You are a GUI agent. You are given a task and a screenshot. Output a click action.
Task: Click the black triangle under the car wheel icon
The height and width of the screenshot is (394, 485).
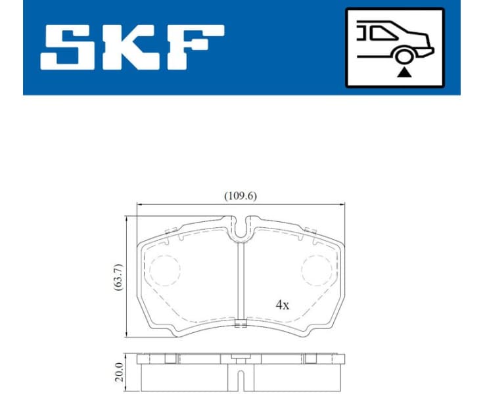tap(402, 71)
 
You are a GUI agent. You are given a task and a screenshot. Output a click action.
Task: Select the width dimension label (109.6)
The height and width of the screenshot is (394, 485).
tap(241, 195)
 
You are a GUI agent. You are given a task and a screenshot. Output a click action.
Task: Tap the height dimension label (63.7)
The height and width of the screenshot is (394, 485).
tap(118, 277)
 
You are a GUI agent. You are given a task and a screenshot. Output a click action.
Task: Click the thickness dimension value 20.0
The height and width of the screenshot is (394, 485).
tap(118, 372)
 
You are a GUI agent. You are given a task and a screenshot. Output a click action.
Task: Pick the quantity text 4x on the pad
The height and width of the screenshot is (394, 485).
tap(283, 305)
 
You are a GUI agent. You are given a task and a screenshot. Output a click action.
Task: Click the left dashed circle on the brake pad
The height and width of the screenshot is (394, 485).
tap(164, 270)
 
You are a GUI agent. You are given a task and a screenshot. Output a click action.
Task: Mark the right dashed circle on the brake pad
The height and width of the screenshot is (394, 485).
tap(317, 270)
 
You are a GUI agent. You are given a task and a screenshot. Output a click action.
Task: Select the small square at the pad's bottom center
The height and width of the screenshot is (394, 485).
tap(241, 322)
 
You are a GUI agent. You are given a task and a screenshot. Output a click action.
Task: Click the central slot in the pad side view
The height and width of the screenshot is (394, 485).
tap(241, 376)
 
